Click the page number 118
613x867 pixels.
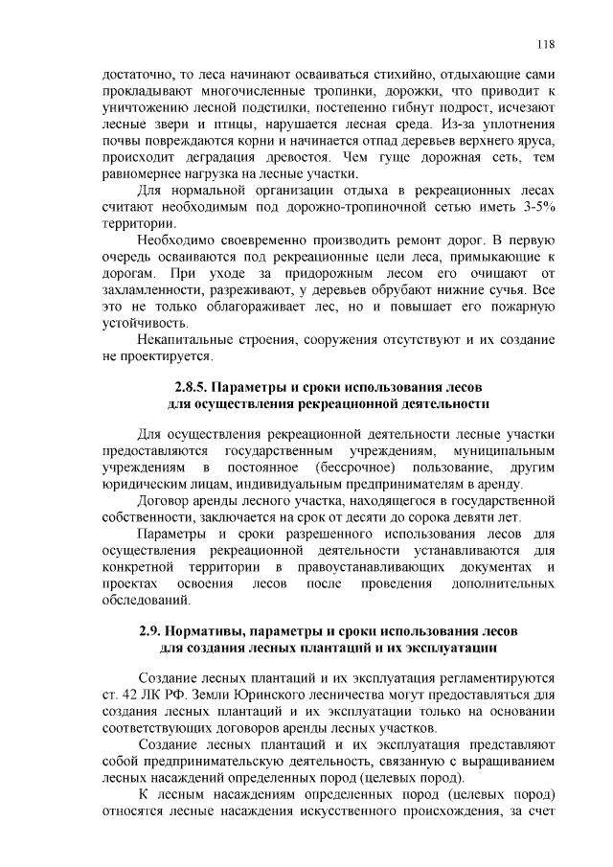pos(547,44)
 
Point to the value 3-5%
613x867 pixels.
pos(534,207)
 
